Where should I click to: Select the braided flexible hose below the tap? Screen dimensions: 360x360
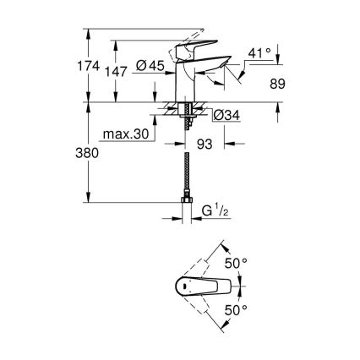[x=184, y=169]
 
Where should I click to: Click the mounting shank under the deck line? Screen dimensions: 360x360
[x=184, y=114]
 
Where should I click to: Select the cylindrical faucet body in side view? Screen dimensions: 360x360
[x=184, y=85]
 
